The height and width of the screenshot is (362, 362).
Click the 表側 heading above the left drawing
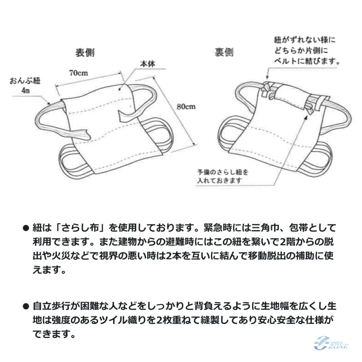pyautogui.click(x=85, y=53)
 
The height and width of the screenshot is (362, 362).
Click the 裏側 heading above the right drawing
pyautogui.click(x=224, y=52)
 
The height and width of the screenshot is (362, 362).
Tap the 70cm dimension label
pyautogui.click(x=78, y=73)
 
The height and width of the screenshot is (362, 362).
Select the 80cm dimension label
pyautogui.click(x=186, y=106)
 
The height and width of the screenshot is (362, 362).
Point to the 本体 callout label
pyautogui.click(x=148, y=64)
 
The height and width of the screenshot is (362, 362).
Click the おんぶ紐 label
pyautogui.click(x=25, y=81)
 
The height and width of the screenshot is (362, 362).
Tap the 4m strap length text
pyautogui.click(x=25, y=90)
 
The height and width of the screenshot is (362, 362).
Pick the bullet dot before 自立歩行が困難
pyautogui.click(x=26, y=306)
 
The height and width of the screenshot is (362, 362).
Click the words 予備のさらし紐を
pyautogui.click(x=223, y=172)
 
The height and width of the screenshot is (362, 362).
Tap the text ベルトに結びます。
pyautogui.click(x=307, y=61)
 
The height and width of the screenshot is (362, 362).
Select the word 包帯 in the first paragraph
pyautogui.click(x=300, y=228)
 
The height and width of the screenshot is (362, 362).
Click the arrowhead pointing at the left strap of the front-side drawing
pyautogui.click(x=48, y=103)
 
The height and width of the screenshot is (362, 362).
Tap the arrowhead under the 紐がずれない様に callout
pyautogui.click(x=267, y=77)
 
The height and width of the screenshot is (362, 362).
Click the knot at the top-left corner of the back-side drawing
pyautogui.click(x=268, y=90)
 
